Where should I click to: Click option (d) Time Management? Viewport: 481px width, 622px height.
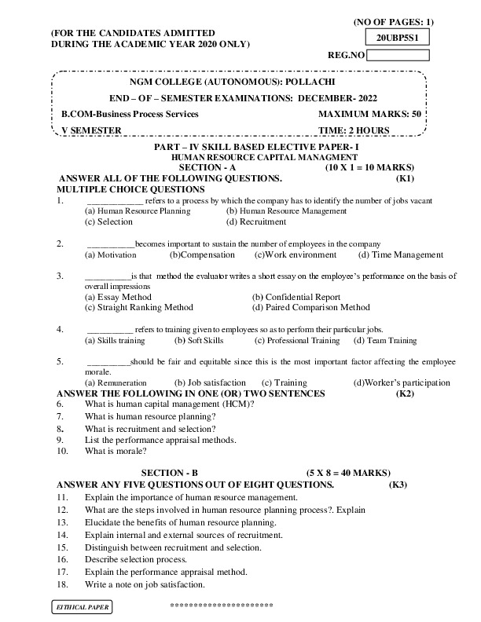click(x=400, y=255)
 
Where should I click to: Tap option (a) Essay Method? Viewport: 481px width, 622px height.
click(x=118, y=298)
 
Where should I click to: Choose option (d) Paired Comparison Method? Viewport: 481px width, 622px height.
click(x=311, y=308)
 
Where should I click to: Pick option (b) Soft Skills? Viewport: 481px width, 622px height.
click(x=199, y=341)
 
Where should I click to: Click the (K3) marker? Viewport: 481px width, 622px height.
click(x=398, y=485)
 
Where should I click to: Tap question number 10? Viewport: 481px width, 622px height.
click(x=62, y=452)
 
